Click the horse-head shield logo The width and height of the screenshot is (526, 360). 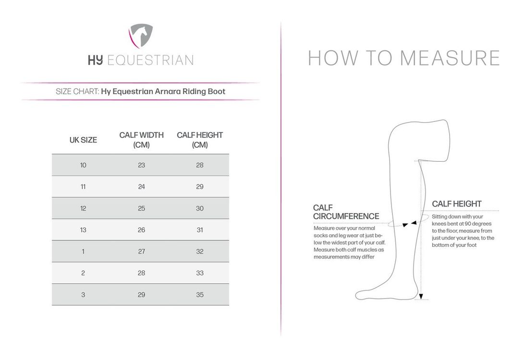click(140, 36)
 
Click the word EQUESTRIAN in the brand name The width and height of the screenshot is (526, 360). click(150, 60)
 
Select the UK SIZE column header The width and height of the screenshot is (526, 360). click(83, 140)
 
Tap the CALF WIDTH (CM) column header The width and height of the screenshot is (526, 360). click(141, 140)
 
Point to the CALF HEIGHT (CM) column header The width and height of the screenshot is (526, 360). click(200, 140)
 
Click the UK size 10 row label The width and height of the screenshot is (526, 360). click(83, 165)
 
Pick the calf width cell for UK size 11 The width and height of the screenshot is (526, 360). click(141, 187)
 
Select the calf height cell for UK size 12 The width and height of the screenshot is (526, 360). click(200, 208)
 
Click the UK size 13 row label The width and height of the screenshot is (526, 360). click(83, 230)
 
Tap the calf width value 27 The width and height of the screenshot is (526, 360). click(141, 252)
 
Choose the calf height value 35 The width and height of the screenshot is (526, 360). click(200, 295)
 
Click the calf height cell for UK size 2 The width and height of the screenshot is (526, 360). click(200, 273)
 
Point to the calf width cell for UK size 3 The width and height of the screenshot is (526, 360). click(141, 295)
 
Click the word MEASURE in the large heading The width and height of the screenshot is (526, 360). click(450, 58)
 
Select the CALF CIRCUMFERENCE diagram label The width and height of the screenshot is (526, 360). click(346, 212)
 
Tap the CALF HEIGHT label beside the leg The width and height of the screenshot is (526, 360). click(456, 204)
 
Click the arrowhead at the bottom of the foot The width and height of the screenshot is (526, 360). click(421, 297)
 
